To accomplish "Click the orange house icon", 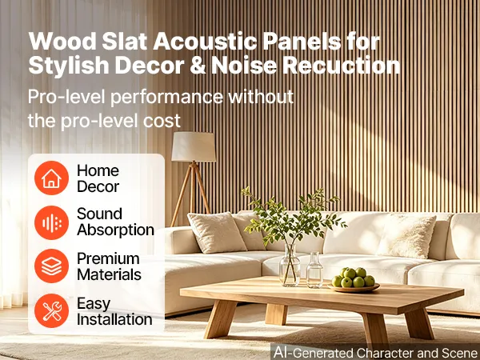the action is (51, 178).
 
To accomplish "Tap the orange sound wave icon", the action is (51, 222).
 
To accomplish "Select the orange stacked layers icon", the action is (51, 266).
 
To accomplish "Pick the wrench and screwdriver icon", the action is (51, 310).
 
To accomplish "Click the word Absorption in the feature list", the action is (115, 230).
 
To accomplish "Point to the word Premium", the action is (108, 258).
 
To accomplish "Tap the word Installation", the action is (114, 319).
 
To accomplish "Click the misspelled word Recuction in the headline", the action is (342, 65).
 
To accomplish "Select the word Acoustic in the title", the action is (205, 41).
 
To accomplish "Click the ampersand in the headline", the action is (198, 66).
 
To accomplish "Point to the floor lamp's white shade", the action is (194, 146).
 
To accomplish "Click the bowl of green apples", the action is (354, 280).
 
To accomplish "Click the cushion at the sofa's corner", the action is (216, 232).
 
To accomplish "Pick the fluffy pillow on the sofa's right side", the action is (407, 236).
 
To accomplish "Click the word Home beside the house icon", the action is (98, 170).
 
